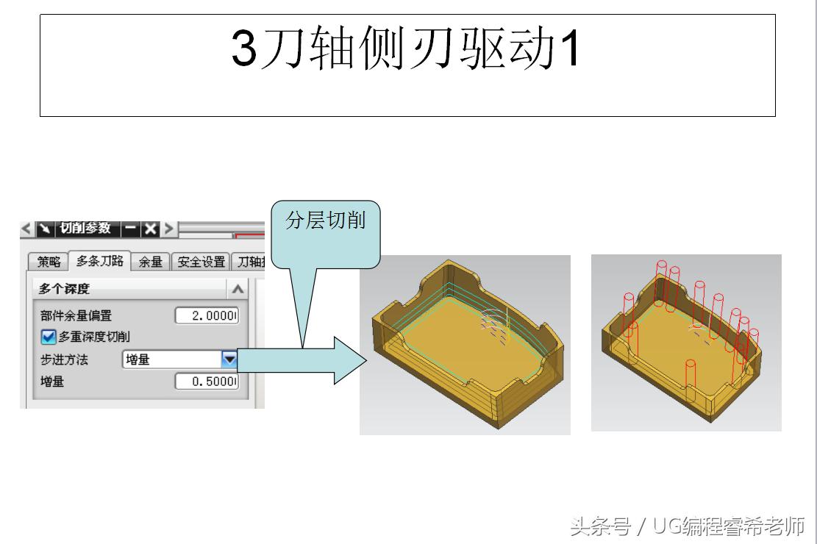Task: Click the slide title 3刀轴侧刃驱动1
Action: click(406, 49)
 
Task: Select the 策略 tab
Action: click(49, 262)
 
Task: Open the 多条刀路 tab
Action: click(99, 261)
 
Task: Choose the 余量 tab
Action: click(150, 262)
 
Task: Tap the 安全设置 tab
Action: click(200, 262)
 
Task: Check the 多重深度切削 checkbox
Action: click(49, 337)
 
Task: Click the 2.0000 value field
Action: click(207, 316)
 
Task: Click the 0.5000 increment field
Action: click(207, 382)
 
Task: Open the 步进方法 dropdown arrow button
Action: click(230, 359)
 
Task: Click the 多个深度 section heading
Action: click(64, 290)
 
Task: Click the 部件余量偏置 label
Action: click(76, 316)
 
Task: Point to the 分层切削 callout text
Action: click(326, 221)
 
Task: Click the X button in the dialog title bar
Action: click(150, 229)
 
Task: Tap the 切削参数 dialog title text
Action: click(85, 228)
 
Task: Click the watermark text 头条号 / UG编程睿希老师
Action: click(687, 526)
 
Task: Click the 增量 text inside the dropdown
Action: click(138, 360)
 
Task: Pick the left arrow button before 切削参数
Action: click(26, 229)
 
